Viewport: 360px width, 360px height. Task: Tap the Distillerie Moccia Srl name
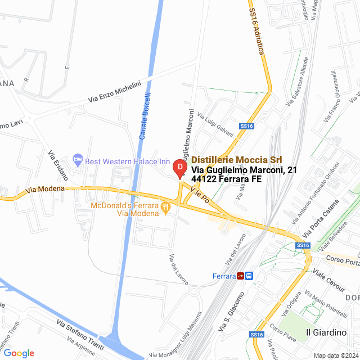coord(237,160)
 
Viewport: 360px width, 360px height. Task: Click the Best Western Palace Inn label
coord(127,162)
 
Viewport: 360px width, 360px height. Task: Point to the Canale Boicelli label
coord(146,116)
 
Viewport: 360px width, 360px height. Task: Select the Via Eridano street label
coord(57,165)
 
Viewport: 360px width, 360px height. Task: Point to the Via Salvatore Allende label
coord(298,81)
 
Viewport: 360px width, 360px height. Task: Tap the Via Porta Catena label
coord(321,218)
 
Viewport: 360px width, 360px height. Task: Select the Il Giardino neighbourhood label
coord(326,332)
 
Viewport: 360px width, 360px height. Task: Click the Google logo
coord(19,353)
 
